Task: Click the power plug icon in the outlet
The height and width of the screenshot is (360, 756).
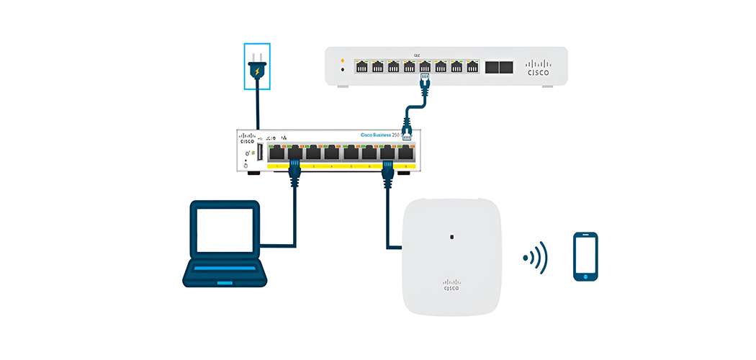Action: click(257, 71)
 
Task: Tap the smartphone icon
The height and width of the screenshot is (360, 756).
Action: click(585, 256)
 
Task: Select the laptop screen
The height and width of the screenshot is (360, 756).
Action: click(223, 230)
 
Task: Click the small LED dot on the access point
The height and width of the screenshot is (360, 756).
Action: click(451, 236)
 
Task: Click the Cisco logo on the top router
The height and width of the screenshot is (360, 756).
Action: click(538, 68)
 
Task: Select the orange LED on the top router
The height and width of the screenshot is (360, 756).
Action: click(342, 60)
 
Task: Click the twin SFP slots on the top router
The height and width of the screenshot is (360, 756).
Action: click(498, 67)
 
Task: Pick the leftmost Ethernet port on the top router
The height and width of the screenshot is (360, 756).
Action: click(361, 67)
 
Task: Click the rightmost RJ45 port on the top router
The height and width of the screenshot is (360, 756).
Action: click(472, 67)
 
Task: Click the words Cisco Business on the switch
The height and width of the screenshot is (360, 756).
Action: click(379, 135)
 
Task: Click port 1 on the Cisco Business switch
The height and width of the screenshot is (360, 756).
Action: click(276, 153)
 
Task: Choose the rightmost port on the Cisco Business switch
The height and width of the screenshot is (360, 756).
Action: click(406, 153)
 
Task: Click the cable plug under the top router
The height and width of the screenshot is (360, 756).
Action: click(425, 81)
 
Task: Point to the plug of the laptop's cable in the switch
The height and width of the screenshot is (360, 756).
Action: click(294, 168)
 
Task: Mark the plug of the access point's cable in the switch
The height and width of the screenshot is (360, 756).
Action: click(387, 170)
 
